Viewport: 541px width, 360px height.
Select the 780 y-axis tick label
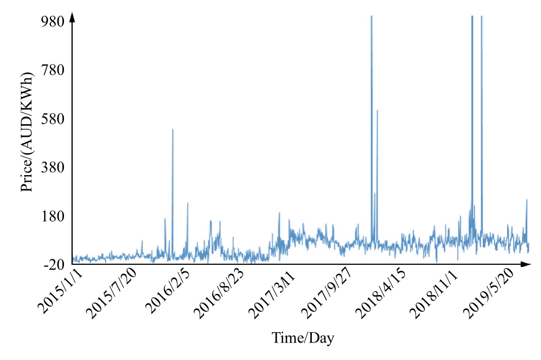tap(54, 69)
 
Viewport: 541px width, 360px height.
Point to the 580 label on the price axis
tap(54, 118)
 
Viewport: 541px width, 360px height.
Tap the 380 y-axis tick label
tap(54, 167)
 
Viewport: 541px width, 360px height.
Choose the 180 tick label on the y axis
tap(54, 216)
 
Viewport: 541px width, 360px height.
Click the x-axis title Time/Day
tap(303, 338)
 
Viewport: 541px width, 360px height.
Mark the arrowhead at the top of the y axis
tap(72, 18)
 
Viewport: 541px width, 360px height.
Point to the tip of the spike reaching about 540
tap(173, 130)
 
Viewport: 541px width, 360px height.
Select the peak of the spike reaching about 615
tap(377, 111)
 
